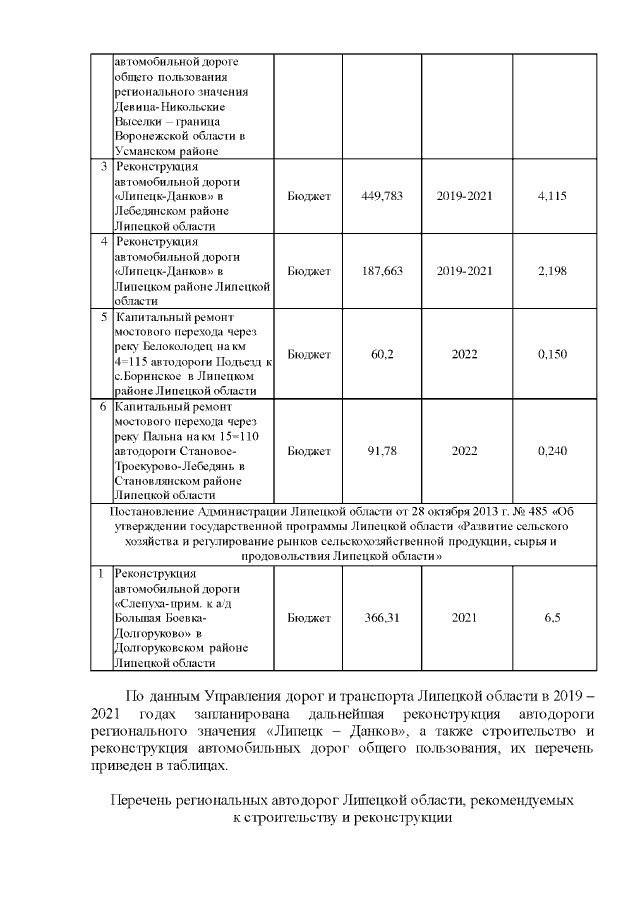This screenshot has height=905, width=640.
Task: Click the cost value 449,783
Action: (x=381, y=196)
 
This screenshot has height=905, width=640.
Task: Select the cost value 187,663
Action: (x=381, y=271)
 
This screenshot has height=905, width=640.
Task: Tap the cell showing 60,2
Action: (x=381, y=354)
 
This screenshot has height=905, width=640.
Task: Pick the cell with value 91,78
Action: (x=381, y=451)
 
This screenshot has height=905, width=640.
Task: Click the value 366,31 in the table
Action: (x=381, y=618)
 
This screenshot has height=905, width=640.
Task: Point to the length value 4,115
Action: (x=552, y=196)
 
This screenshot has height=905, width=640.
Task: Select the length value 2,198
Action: (x=552, y=271)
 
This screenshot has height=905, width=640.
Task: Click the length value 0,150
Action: (x=552, y=354)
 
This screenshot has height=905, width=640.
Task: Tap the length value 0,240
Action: (x=552, y=451)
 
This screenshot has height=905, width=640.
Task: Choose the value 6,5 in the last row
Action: (x=552, y=618)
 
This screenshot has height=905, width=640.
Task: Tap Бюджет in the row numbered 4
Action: (x=309, y=271)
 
